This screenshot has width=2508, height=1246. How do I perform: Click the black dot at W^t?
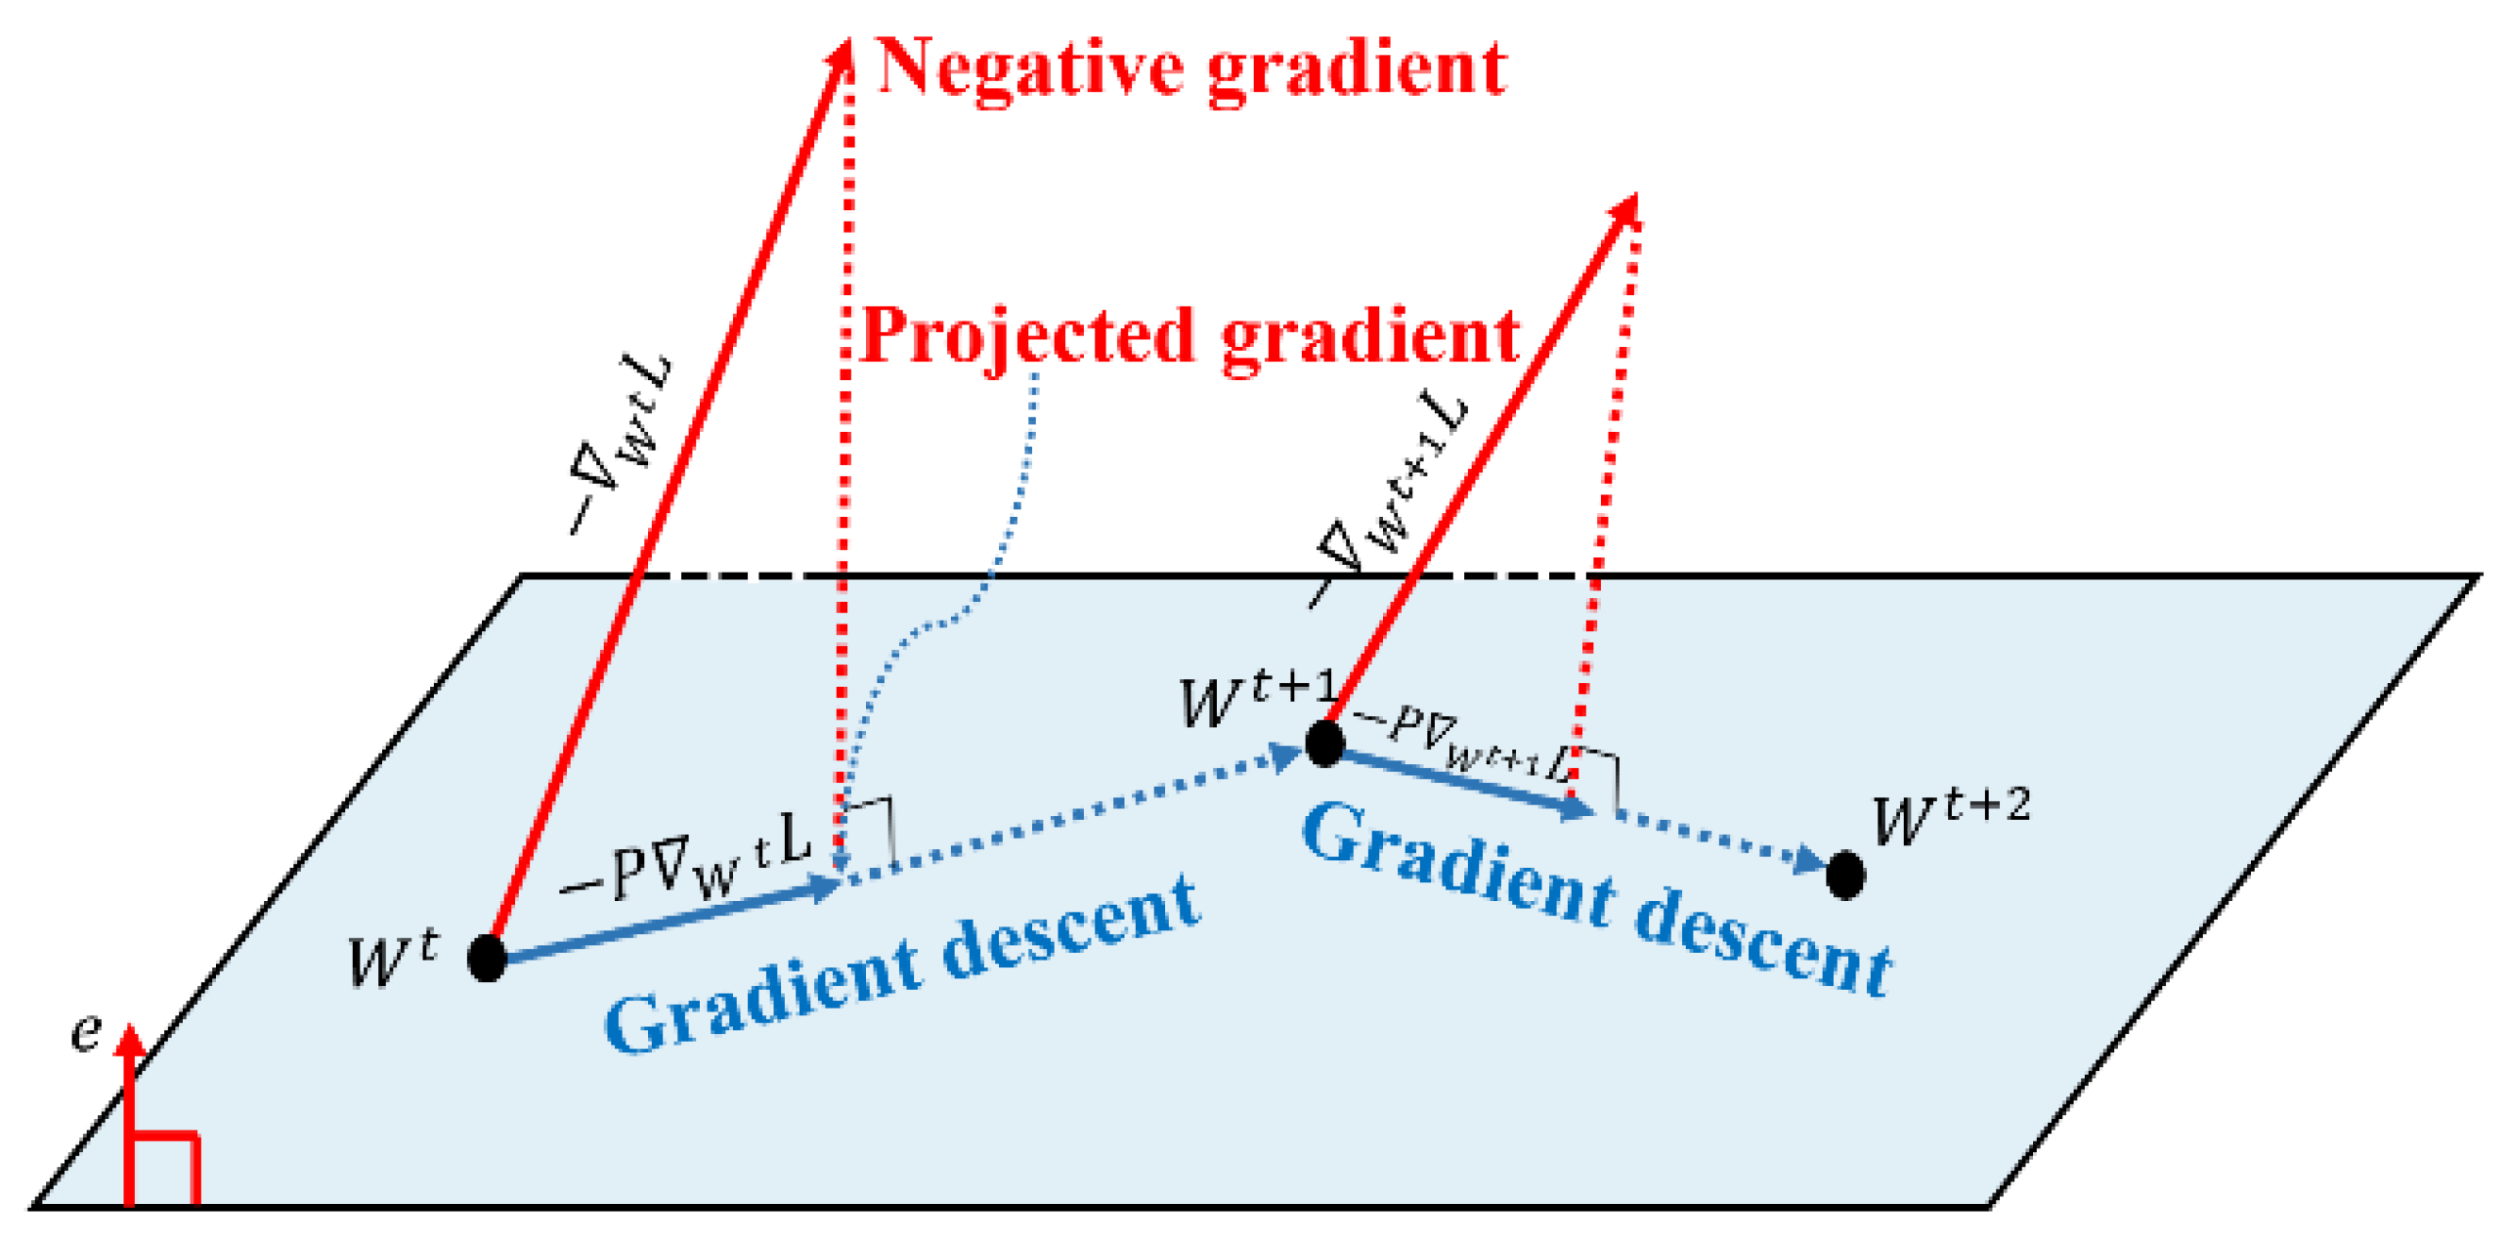click(487, 957)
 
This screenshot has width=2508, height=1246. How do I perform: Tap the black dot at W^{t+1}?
click(1324, 743)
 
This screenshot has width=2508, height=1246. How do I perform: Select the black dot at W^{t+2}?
click(1845, 874)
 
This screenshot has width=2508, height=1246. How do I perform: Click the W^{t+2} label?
click(1950, 817)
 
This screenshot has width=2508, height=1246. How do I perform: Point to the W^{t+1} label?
click(1256, 700)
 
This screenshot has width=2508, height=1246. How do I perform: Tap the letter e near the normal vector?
click(86, 1032)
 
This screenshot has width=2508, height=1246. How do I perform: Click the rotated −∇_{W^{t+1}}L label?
click(1388, 498)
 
